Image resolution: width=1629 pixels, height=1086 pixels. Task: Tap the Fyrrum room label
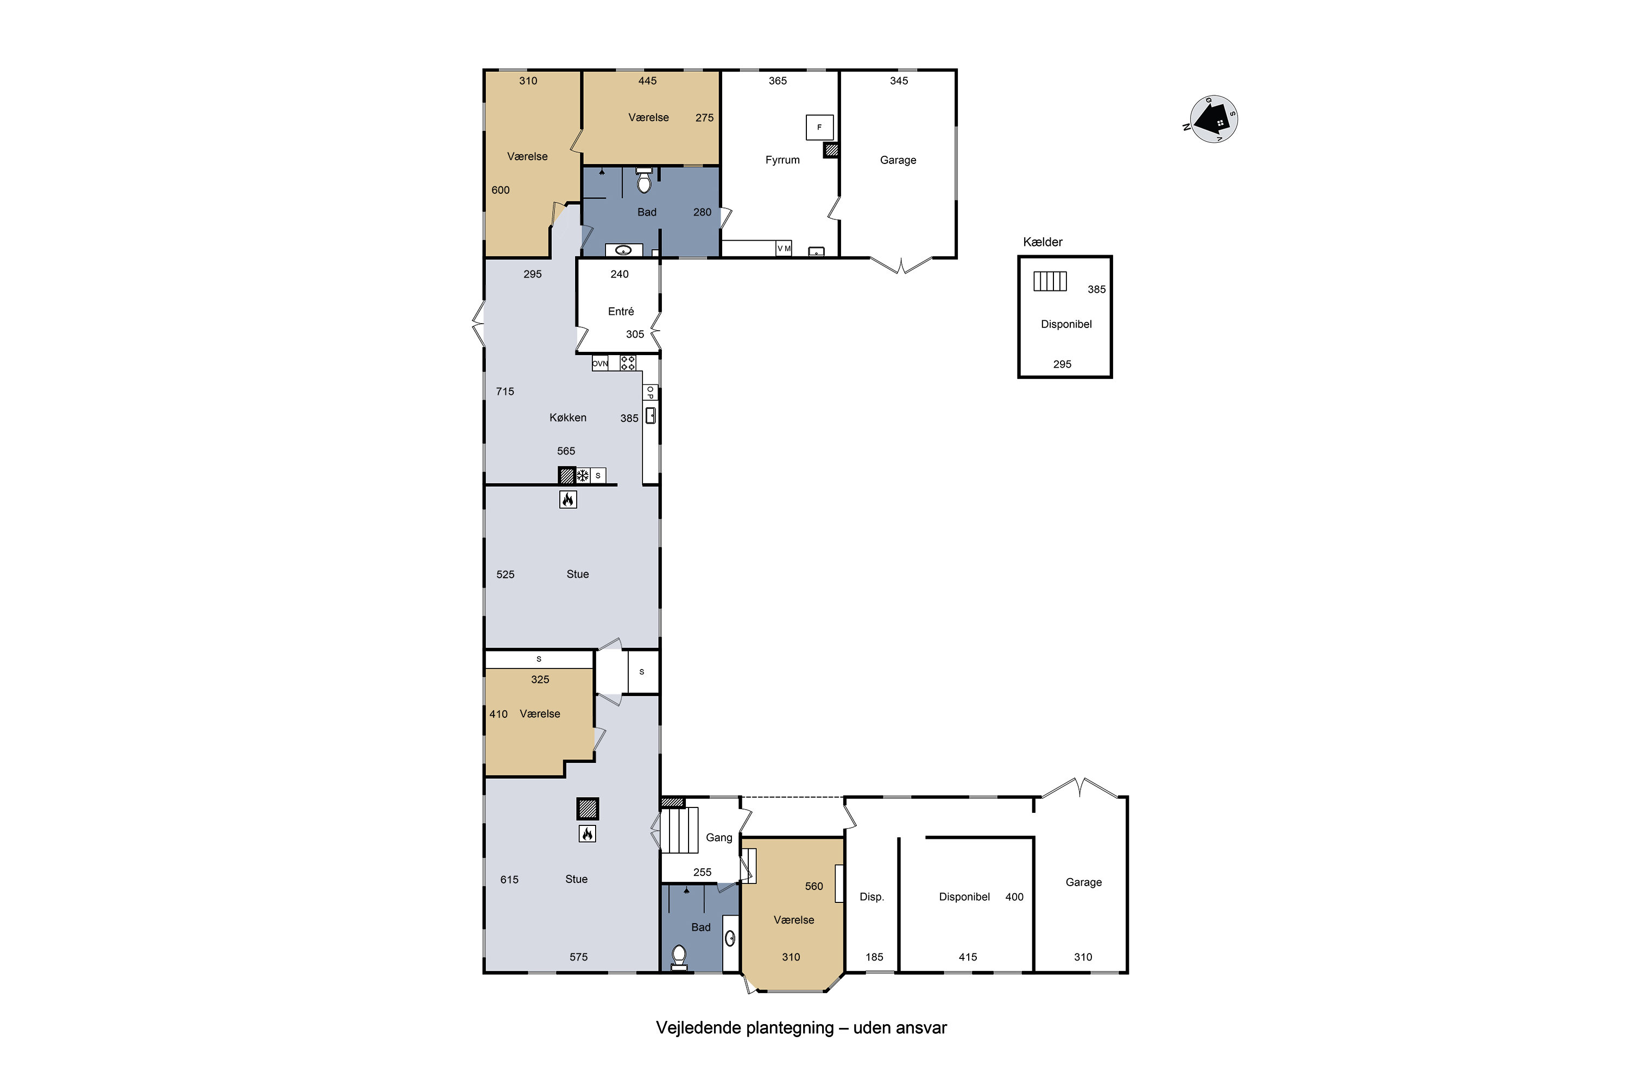point(782,160)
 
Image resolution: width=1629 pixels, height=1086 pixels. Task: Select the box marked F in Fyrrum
point(819,128)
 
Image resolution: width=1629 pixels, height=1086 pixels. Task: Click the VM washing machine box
point(784,249)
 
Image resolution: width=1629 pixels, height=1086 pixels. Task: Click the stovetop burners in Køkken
point(628,363)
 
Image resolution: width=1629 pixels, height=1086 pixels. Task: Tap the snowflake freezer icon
point(583,476)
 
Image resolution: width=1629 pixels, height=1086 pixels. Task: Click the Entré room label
point(621,312)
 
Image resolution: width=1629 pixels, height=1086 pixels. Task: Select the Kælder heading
point(1043,242)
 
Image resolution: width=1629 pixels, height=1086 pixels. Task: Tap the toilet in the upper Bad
point(644,181)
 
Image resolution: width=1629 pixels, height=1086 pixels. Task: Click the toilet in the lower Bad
point(679,956)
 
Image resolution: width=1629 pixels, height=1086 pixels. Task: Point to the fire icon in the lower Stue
point(588,833)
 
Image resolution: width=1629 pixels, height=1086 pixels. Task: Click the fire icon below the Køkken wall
point(568,500)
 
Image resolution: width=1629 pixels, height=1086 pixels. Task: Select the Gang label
point(718,837)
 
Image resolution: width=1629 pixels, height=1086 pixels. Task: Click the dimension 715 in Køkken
point(505,392)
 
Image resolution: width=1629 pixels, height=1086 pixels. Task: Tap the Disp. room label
point(872,897)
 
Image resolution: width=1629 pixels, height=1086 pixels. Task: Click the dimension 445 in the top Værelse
point(647,81)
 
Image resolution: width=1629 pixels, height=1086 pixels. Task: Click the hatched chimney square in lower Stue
point(588,809)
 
